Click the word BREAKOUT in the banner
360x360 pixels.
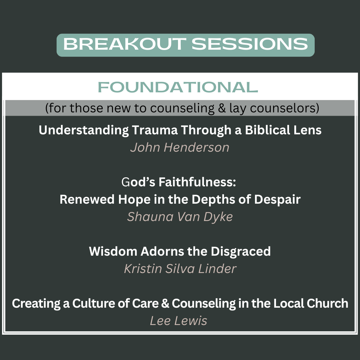pyautogui.click(x=125, y=44)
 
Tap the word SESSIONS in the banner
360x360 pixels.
pyautogui.click(x=250, y=44)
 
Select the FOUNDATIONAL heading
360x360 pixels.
pyautogui.click(x=178, y=87)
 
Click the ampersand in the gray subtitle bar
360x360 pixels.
pyautogui.click(x=222, y=108)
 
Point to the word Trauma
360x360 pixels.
pyautogui.click(x=155, y=130)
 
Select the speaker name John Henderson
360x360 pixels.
pyautogui.click(x=180, y=147)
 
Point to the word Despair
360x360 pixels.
pyautogui.click(x=277, y=199)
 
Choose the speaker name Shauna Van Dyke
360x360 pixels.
pyautogui.click(x=180, y=217)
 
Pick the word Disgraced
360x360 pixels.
pyautogui.click(x=241, y=251)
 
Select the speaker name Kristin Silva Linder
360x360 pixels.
pyautogui.click(x=180, y=269)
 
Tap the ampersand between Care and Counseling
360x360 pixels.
pyautogui.click(x=165, y=303)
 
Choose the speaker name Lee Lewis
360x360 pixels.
pyautogui.click(x=178, y=321)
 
